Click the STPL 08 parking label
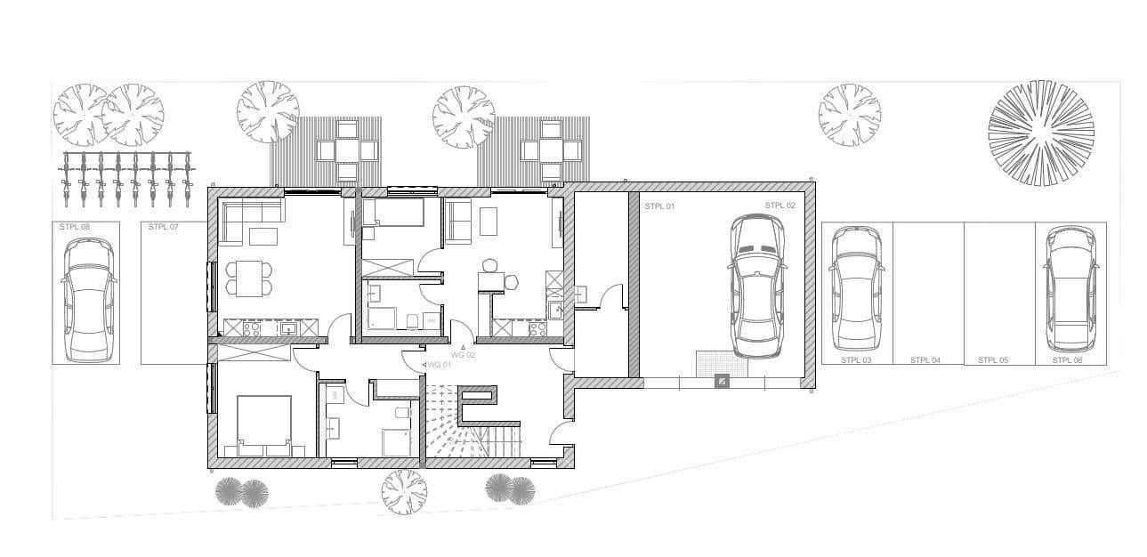coord(75,228)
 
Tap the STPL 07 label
coord(164,228)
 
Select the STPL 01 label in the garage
coord(658,206)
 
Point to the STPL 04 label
coord(925,360)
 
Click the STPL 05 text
coord(992,360)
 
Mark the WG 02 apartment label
coord(464,354)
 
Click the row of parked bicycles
coord(125,174)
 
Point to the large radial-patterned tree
coord(1040,133)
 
